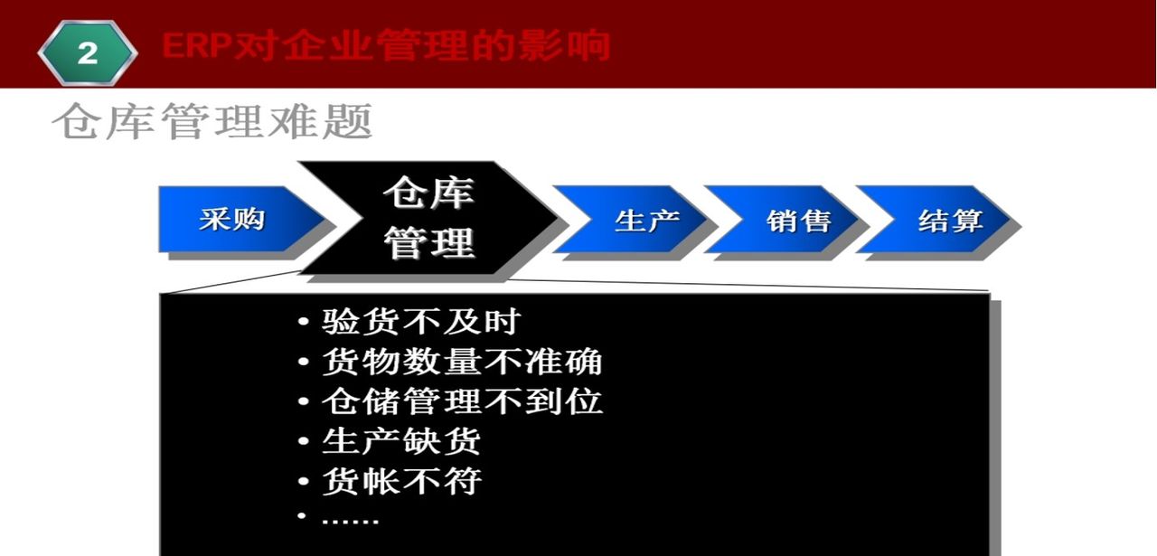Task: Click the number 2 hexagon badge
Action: pos(87,52)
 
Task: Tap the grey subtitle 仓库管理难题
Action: pos(212,121)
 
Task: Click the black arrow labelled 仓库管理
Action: pos(428,218)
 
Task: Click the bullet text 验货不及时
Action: pos(421,322)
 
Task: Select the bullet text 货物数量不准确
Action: pos(462,362)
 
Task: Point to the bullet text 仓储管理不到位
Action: pos(462,401)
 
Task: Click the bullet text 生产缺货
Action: pos(401,441)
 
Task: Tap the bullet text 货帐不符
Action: pos(401,481)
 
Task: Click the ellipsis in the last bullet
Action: pos(351,520)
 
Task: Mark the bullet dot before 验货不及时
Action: pos(304,323)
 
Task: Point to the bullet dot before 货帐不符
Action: pos(304,482)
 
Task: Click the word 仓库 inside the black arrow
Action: pos(428,193)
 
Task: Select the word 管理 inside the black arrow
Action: pos(428,242)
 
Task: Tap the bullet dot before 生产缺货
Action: pos(304,442)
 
